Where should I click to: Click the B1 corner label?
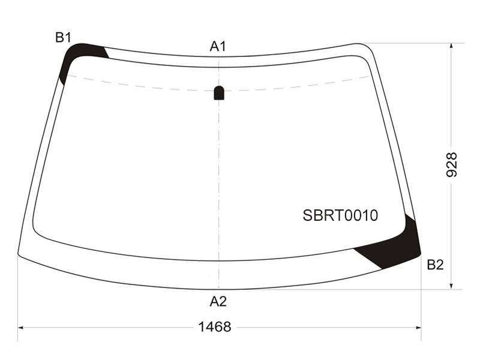[x=63, y=37]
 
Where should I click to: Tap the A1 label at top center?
[x=218, y=47]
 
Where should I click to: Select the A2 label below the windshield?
[x=218, y=302]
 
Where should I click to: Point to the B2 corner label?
[x=435, y=265]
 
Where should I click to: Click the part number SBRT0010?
[x=340, y=215]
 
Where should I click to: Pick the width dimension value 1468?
[x=215, y=327]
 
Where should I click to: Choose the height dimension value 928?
[x=452, y=164]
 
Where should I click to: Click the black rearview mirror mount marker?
[x=218, y=93]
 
